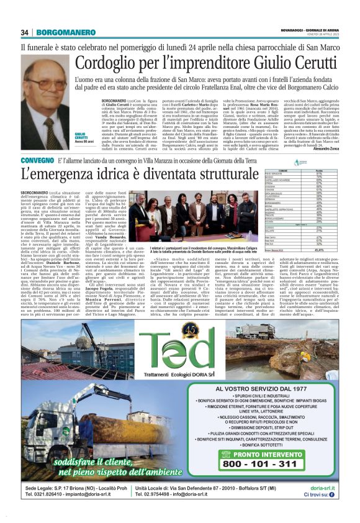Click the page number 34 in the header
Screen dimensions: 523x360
[x=25, y=32]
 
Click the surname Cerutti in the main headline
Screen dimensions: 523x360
[x=264, y=64]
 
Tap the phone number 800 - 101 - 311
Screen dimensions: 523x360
[x=276, y=480]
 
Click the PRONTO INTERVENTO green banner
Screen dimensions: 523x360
[x=275, y=470]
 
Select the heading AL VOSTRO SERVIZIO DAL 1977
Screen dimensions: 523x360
[x=276, y=388]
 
